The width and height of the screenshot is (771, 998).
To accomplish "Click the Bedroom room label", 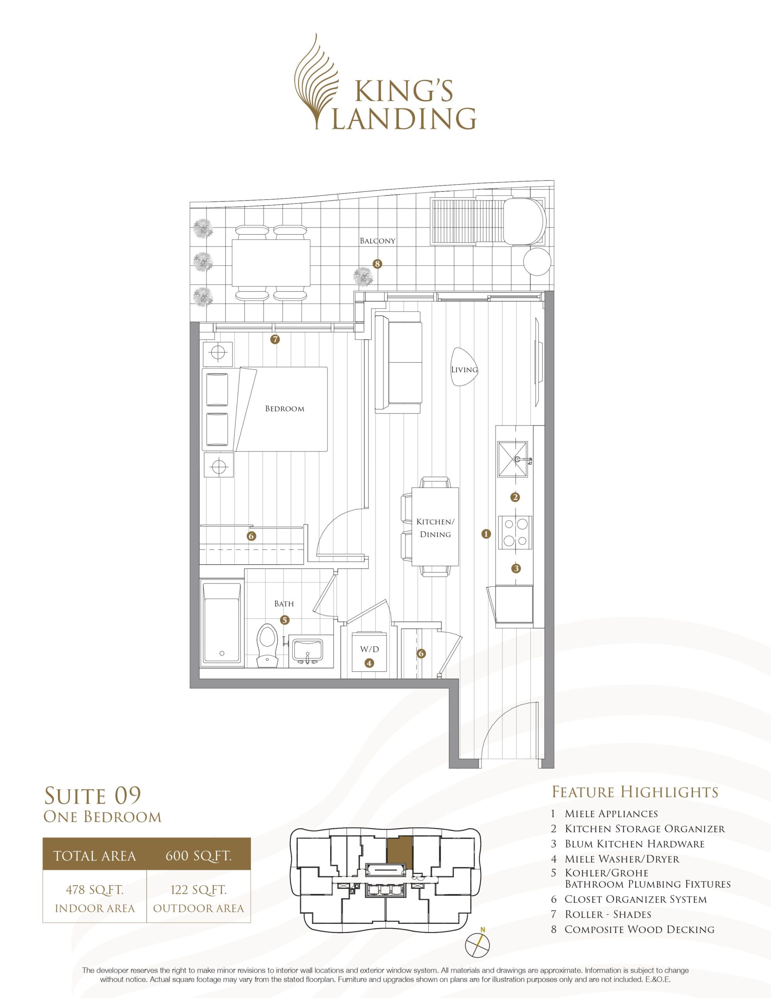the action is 285,409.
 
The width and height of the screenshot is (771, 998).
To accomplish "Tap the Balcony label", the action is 377,241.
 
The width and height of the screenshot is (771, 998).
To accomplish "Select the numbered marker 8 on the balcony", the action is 377,264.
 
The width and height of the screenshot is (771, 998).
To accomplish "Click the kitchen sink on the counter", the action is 512,459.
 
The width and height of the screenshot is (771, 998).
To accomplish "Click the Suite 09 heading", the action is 92,796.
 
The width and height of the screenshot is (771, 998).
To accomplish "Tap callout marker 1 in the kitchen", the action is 486,533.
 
